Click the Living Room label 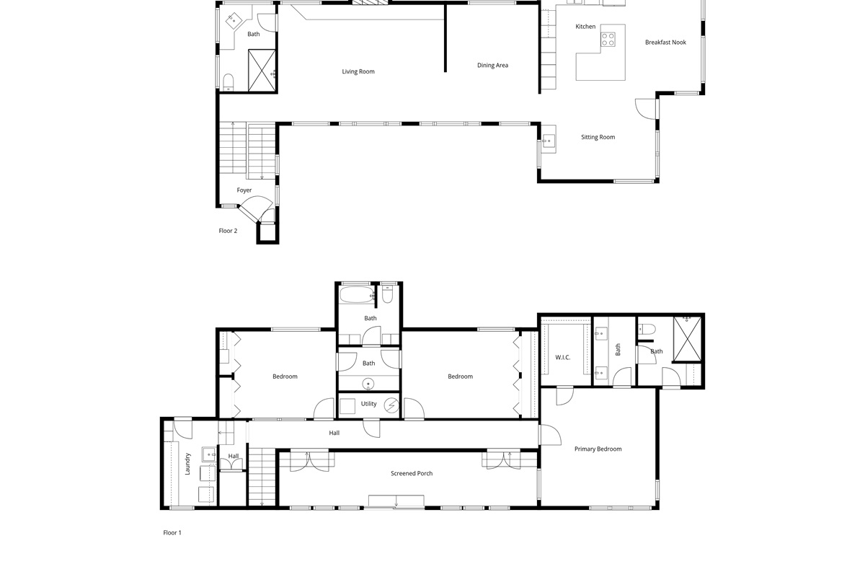click(x=358, y=71)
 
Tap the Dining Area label click(x=492, y=66)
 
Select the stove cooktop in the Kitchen click(x=608, y=40)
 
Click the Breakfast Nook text click(x=665, y=42)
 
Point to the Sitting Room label click(x=598, y=137)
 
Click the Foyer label click(x=244, y=190)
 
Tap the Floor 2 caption click(x=228, y=231)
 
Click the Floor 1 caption click(x=172, y=532)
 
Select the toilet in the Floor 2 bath click(x=229, y=82)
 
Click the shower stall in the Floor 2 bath click(x=262, y=71)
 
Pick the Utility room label click(x=368, y=403)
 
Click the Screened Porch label click(x=412, y=473)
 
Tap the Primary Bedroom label click(x=598, y=449)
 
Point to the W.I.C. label click(x=562, y=358)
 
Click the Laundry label click(x=187, y=464)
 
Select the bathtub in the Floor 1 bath click(x=357, y=294)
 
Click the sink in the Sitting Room click(x=548, y=141)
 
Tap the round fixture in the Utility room click(x=391, y=405)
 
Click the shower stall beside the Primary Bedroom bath click(x=687, y=339)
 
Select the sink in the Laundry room click(x=209, y=454)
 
